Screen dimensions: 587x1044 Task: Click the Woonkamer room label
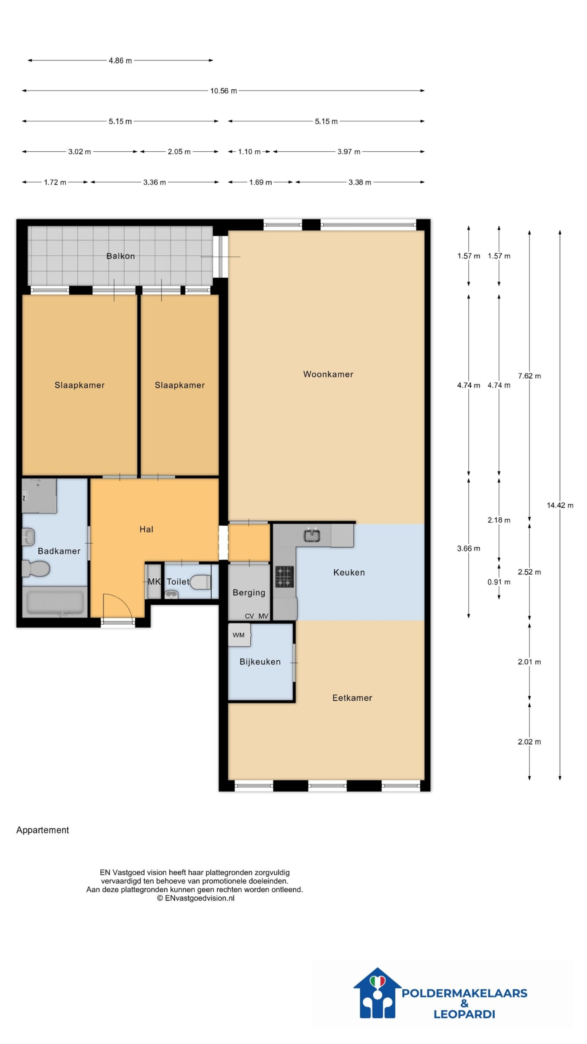click(328, 374)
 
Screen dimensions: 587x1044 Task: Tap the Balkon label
click(120, 256)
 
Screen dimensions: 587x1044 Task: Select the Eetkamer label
click(352, 698)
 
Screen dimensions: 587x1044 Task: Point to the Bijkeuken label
click(260, 661)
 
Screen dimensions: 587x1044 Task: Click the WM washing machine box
click(239, 635)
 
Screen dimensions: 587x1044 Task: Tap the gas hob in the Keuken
click(284, 577)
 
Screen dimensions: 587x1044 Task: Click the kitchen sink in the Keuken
click(312, 535)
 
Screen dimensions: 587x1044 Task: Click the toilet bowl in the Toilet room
click(201, 582)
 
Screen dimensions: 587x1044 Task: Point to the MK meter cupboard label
click(154, 582)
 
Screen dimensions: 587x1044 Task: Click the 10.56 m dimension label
click(223, 91)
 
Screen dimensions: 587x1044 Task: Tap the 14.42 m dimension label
click(560, 505)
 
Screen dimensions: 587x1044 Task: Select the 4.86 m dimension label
click(120, 60)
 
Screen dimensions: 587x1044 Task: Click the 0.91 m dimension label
click(499, 582)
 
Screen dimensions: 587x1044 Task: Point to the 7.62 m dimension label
click(530, 376)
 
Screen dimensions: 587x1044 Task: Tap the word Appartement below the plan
click(42, 830)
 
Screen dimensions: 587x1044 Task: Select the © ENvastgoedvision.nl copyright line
click(196, 898)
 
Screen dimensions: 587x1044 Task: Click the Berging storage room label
click(249, 593)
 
